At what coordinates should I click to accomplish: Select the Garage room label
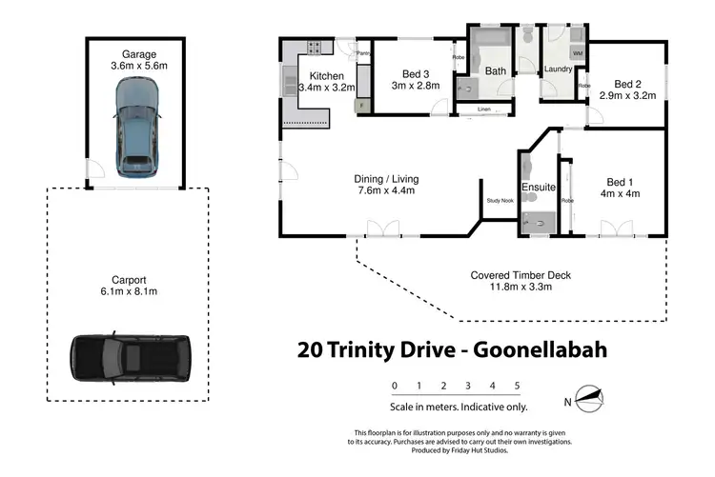(137, 54)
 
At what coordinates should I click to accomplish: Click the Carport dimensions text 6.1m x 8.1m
(128, 292)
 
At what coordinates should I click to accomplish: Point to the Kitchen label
(326, 75)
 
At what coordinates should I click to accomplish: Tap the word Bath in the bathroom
(495, 70)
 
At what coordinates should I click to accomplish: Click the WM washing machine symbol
(577, 53)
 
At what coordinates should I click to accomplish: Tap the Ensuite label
(538, 187)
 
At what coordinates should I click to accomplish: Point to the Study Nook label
(500, 201)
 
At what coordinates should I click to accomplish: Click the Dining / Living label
(385, 179)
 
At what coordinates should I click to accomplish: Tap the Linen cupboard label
(484, 110)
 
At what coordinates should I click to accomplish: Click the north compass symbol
(590, 400)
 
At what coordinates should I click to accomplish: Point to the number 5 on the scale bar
(517, 386)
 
